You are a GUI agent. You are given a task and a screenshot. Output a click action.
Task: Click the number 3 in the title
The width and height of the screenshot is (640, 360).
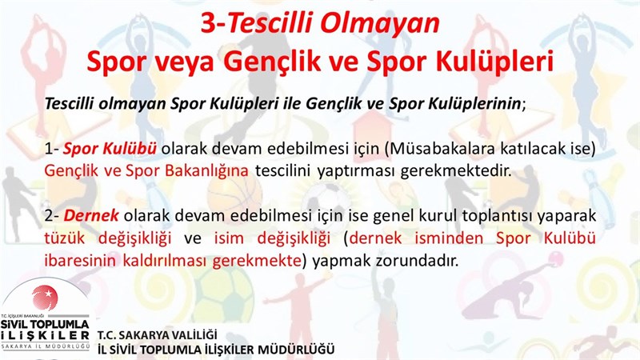(209, 23)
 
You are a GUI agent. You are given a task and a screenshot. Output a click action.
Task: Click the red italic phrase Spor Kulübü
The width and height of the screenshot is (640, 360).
(110, 149)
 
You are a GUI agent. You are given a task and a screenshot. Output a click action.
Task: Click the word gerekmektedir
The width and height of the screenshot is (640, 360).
(456, 171)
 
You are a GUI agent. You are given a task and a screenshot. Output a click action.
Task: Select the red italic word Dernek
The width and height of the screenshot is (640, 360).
(91, 215)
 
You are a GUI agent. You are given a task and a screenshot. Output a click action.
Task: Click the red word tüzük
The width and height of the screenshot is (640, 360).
(65, 238)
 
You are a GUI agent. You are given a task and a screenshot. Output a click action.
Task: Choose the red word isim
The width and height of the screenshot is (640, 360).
(229, 238)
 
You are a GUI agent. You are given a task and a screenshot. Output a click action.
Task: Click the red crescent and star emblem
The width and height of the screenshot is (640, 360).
(45, 297)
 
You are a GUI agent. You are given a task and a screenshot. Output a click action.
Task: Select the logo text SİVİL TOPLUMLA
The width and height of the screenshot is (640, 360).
(45, 325)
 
